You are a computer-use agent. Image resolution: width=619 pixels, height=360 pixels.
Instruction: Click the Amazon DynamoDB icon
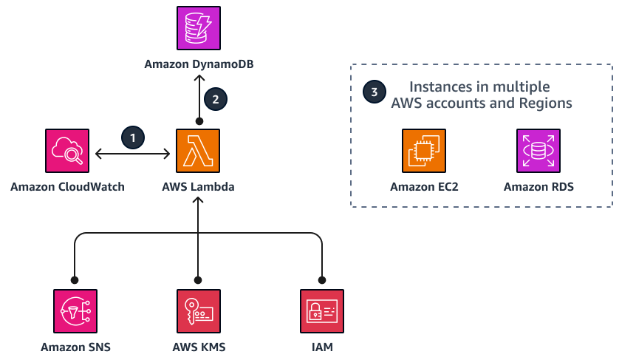tap(198, 30)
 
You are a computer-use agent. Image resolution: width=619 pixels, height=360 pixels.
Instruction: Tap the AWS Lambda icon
tap(198, 151)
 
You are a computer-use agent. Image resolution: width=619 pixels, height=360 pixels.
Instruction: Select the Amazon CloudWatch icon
tap(67, 151)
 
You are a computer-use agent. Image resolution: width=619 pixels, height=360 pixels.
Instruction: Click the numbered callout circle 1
tap(133, 137)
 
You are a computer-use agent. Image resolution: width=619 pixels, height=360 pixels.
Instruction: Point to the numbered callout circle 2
tap(215, 98)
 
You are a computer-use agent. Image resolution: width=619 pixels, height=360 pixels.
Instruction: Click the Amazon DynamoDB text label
tap(198, 67)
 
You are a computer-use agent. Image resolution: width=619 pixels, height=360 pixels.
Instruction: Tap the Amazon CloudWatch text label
tap(67, 188)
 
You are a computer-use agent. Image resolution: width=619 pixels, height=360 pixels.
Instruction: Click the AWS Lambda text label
tap(198, 188)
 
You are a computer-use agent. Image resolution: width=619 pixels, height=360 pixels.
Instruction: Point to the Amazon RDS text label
tap(538, 188)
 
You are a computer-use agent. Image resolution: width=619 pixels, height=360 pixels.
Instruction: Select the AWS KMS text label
tap(198, 347)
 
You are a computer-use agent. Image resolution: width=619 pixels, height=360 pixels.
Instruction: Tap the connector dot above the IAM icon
tap(322, 279)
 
